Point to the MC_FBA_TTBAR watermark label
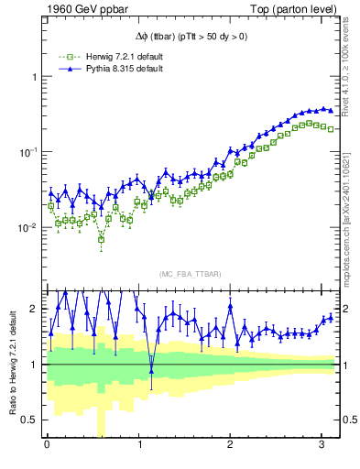[191, 274]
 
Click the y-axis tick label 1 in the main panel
[34, 77]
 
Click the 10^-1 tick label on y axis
[28, 152]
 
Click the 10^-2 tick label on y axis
[28, 227]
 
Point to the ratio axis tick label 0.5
[29, 420]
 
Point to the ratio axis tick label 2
[34, 309]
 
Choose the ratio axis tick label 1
[34, 365]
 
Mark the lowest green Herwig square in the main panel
[101, 238]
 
